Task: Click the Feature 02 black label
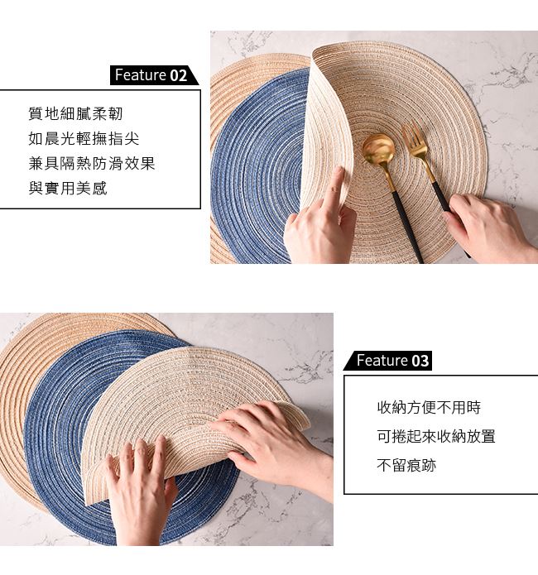(154, 75)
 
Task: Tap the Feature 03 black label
(387, 361)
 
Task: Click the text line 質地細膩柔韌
(75, 113)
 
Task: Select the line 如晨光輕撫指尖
(84, 139)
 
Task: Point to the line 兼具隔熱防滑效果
(92, 164)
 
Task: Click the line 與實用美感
(68, 188)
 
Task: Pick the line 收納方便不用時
(429, 407)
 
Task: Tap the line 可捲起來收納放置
(436, 436)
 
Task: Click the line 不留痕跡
(406, 465)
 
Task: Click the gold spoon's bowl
(378, 148)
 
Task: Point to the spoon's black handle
(407, 226)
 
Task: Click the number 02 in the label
(179, 75)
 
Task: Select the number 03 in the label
(420, 361)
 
